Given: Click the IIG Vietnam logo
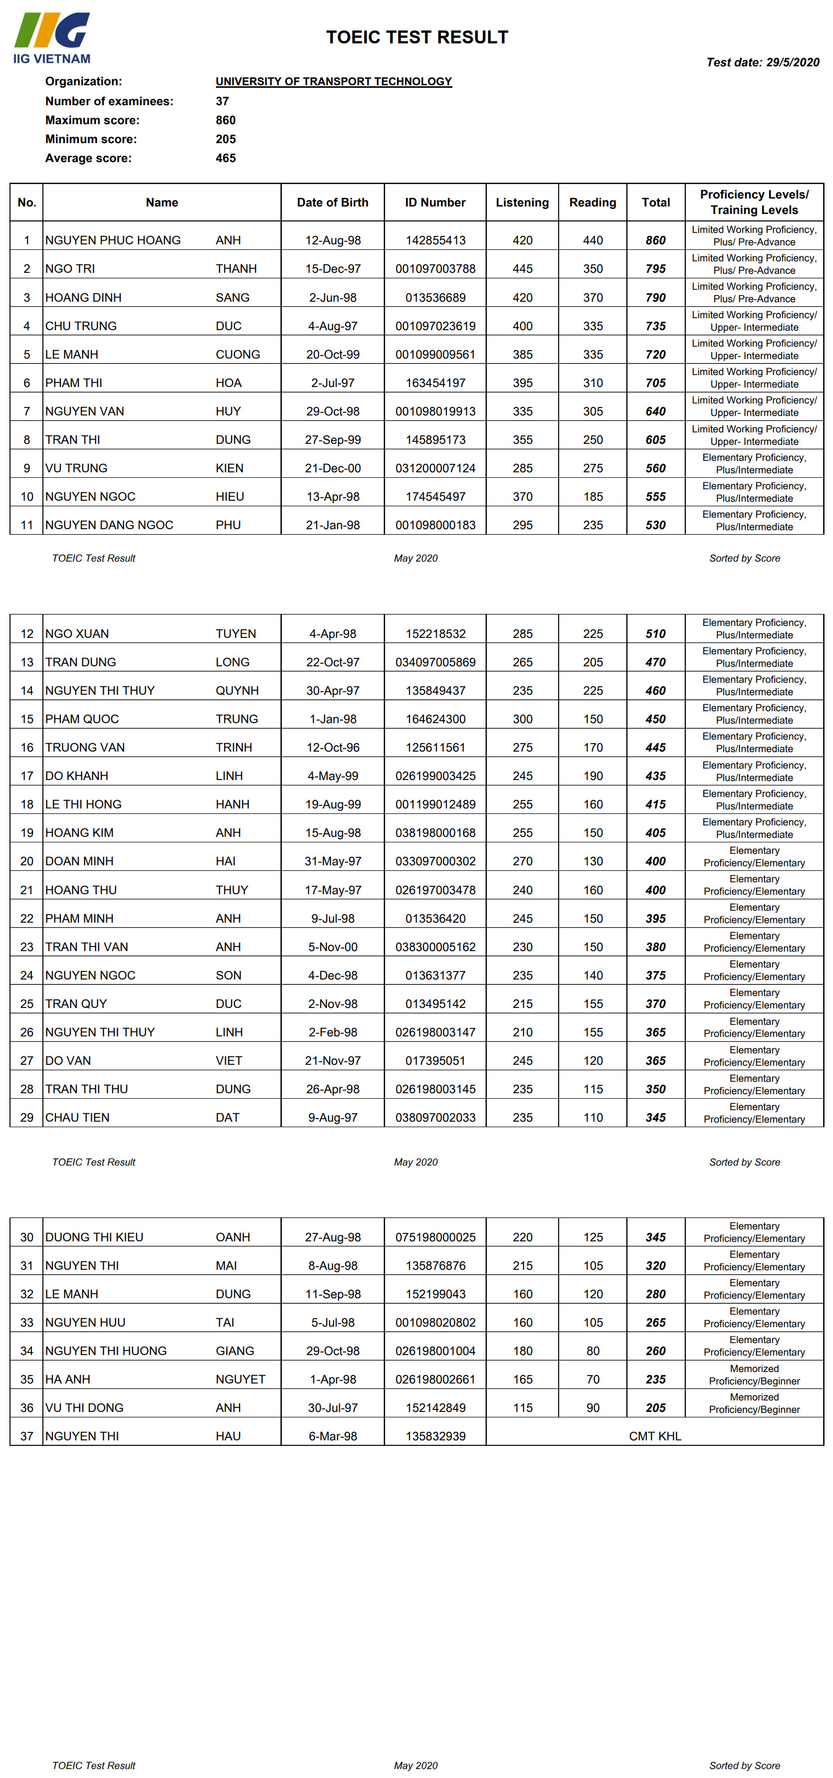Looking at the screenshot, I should (52, 38).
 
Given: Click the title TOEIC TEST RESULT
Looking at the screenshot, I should (417, 37).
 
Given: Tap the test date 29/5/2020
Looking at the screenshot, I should (763, 62).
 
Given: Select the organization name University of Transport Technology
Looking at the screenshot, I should (333, 81).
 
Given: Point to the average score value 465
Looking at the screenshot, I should (225, 158).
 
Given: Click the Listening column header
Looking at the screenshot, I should (522, 202).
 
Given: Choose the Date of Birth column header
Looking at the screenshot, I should (332, 202).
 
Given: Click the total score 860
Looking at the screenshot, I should (655, 240).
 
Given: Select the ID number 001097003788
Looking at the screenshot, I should (435, 268).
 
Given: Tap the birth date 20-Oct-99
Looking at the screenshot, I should (333, 354).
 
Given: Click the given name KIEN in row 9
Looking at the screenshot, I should (229, 468).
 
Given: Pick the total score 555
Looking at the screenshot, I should (655, 496).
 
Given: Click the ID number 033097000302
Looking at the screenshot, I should (435, 861).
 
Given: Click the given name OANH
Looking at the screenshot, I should (232, 1237).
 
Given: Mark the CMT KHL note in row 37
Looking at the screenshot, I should (654, 1436).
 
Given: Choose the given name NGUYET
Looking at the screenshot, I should (240, 1379).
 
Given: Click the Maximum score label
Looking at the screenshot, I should (92, 120).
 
